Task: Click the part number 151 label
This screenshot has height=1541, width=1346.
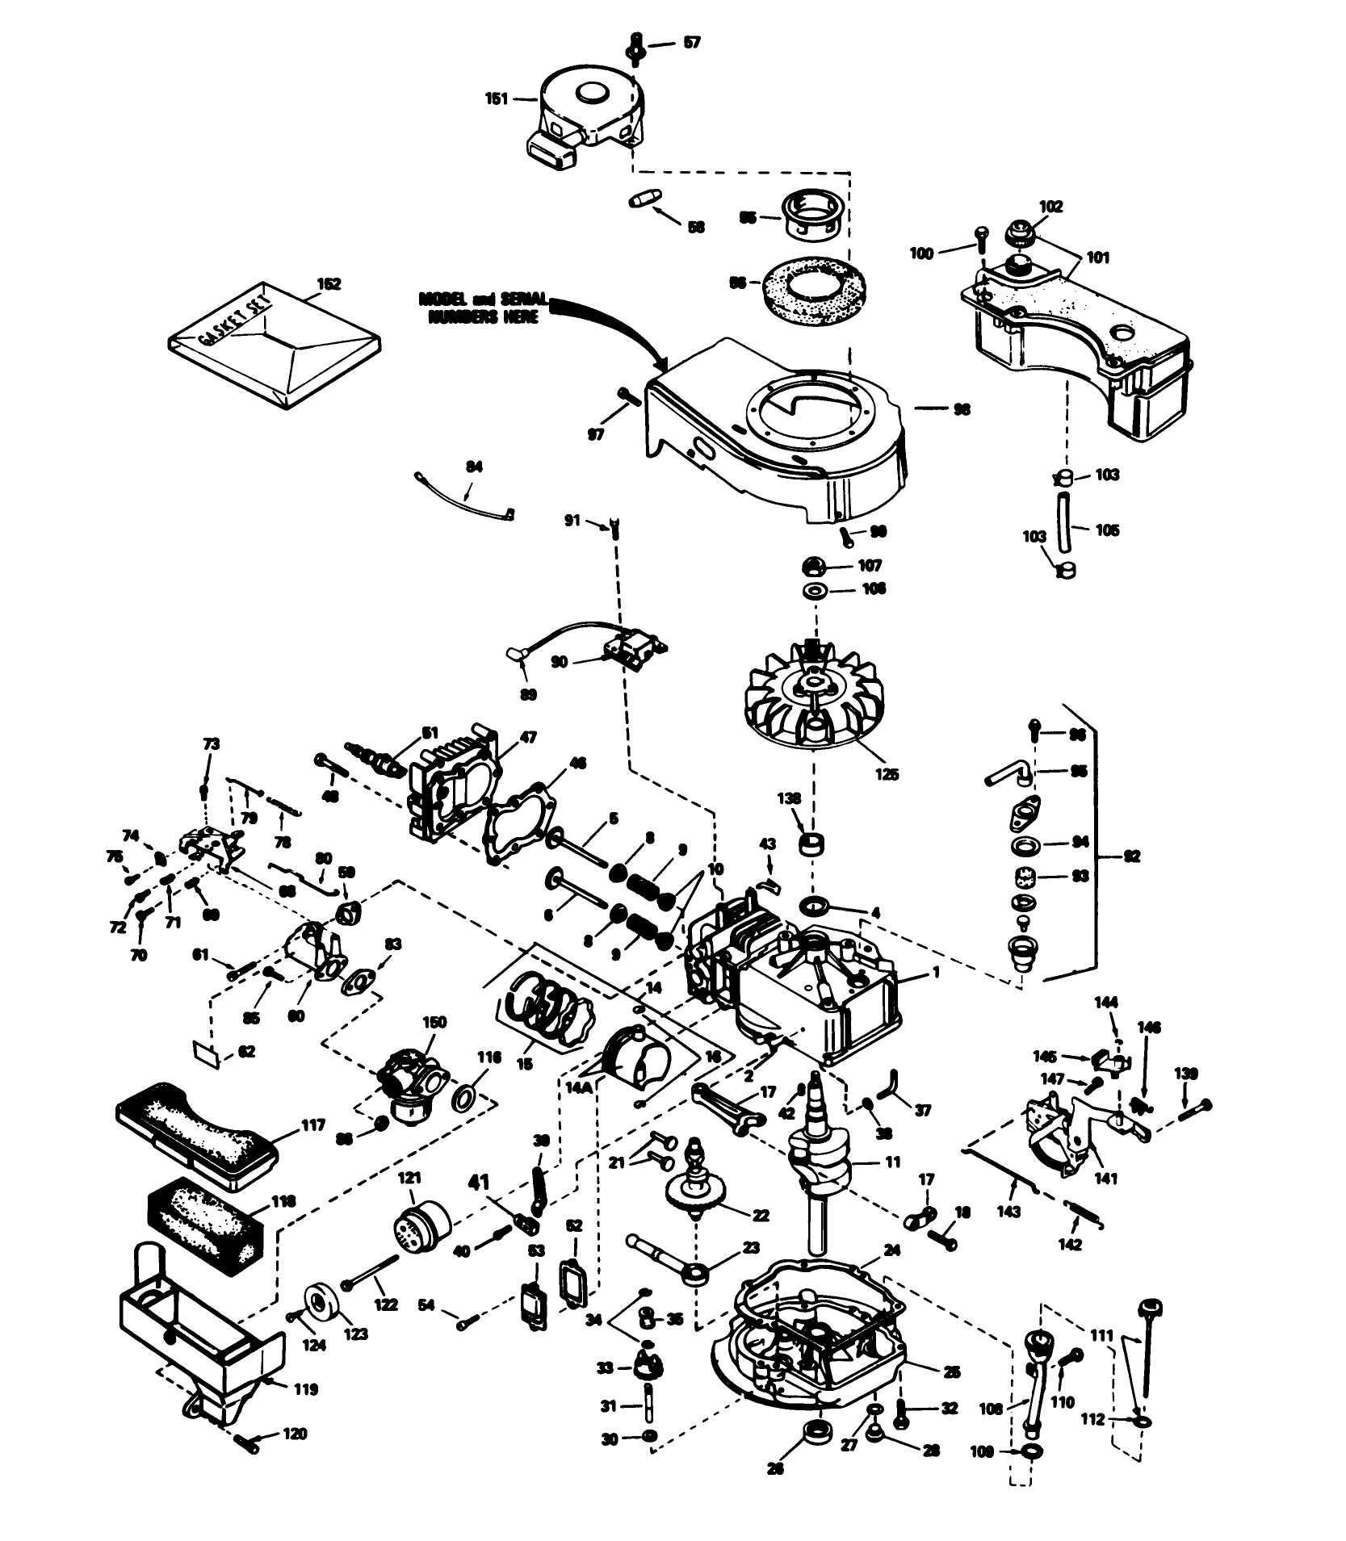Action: [497, 98]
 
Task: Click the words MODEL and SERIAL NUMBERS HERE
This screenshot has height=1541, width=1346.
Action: [481, 308]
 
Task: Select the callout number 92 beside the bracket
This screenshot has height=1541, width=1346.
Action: [1132, 857]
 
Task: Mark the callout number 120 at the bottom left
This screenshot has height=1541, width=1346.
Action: [296, 1434]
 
